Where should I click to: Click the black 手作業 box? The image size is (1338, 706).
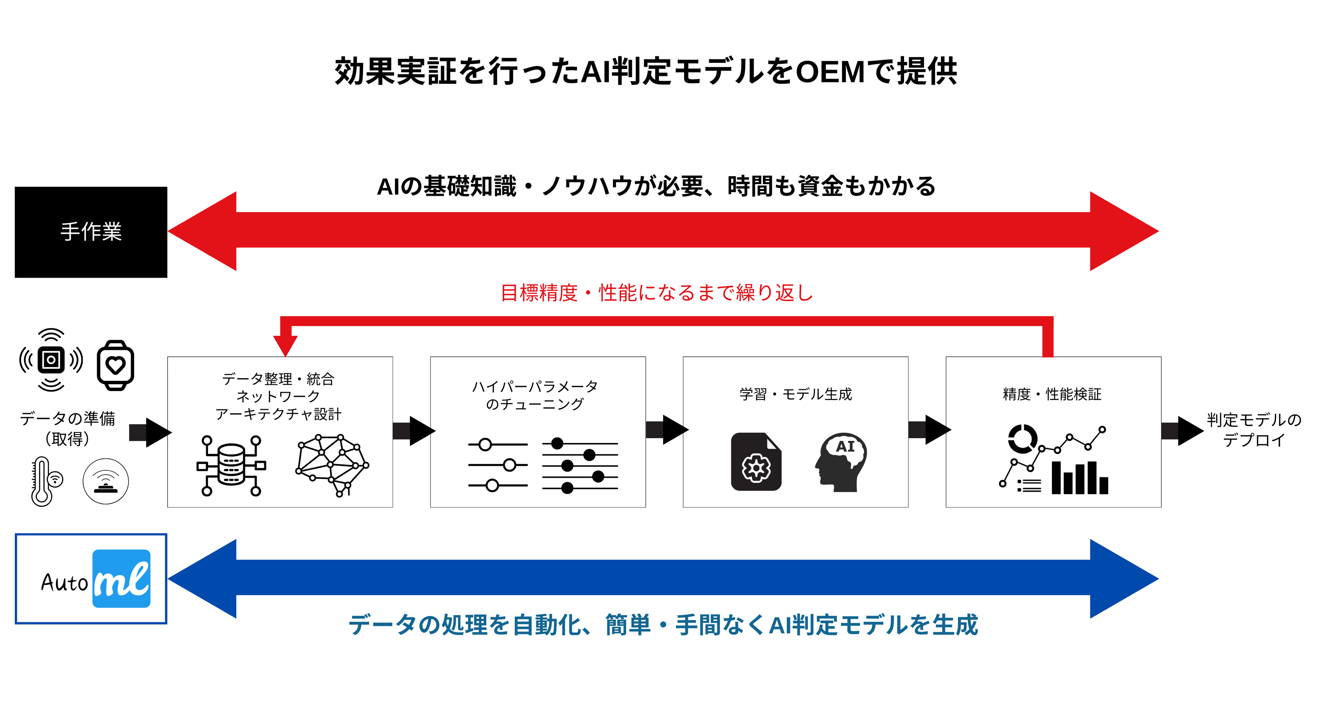(x=91, y=232)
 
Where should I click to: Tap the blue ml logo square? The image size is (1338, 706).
(x=121, y=578)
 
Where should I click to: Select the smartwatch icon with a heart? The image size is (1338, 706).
(x=115, y=365)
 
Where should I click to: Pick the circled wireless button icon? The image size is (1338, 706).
(x=105, y=481)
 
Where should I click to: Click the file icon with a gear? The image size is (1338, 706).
(x=756, y=463)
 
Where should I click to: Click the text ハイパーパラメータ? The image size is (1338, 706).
(x=535, y=387)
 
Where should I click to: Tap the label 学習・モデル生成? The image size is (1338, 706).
(x=796, y=395)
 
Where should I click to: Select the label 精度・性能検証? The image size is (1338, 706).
(x=1052, y=395)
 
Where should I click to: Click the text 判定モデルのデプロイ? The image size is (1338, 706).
(x=1253, y=430)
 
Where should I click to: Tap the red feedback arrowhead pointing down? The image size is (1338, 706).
(x=285, y=345)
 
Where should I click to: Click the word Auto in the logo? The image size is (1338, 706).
(x=64, y=583)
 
